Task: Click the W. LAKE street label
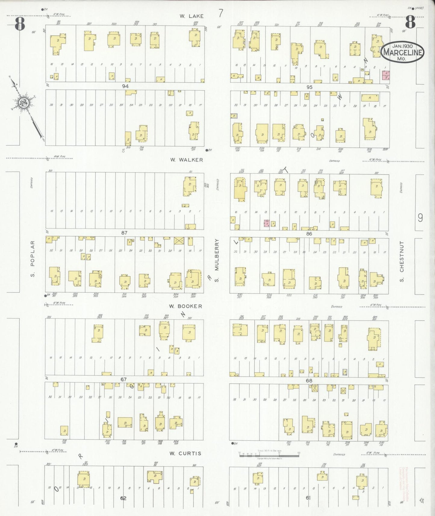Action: [x=191, y=16]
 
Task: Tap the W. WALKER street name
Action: [x=186, y=160]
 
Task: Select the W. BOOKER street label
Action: [x=185, y=306]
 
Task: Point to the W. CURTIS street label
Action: [x=185, y=453]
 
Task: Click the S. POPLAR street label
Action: [x=33, y=259]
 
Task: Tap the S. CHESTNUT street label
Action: [x=402, y=261]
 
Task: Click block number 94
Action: [x=126, y=86]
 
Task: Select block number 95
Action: [x=309, y=87]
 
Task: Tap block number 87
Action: [x=124, y=233]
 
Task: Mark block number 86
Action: [x=309, y=234]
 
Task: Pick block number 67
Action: [x=123, y=379]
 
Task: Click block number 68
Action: [x=309, y=381]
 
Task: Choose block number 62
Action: [x=123, y=498]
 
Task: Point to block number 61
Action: [x=308, y=498]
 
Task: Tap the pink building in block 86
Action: [x=266, y=223]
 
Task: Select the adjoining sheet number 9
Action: [x=420, y=218]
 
